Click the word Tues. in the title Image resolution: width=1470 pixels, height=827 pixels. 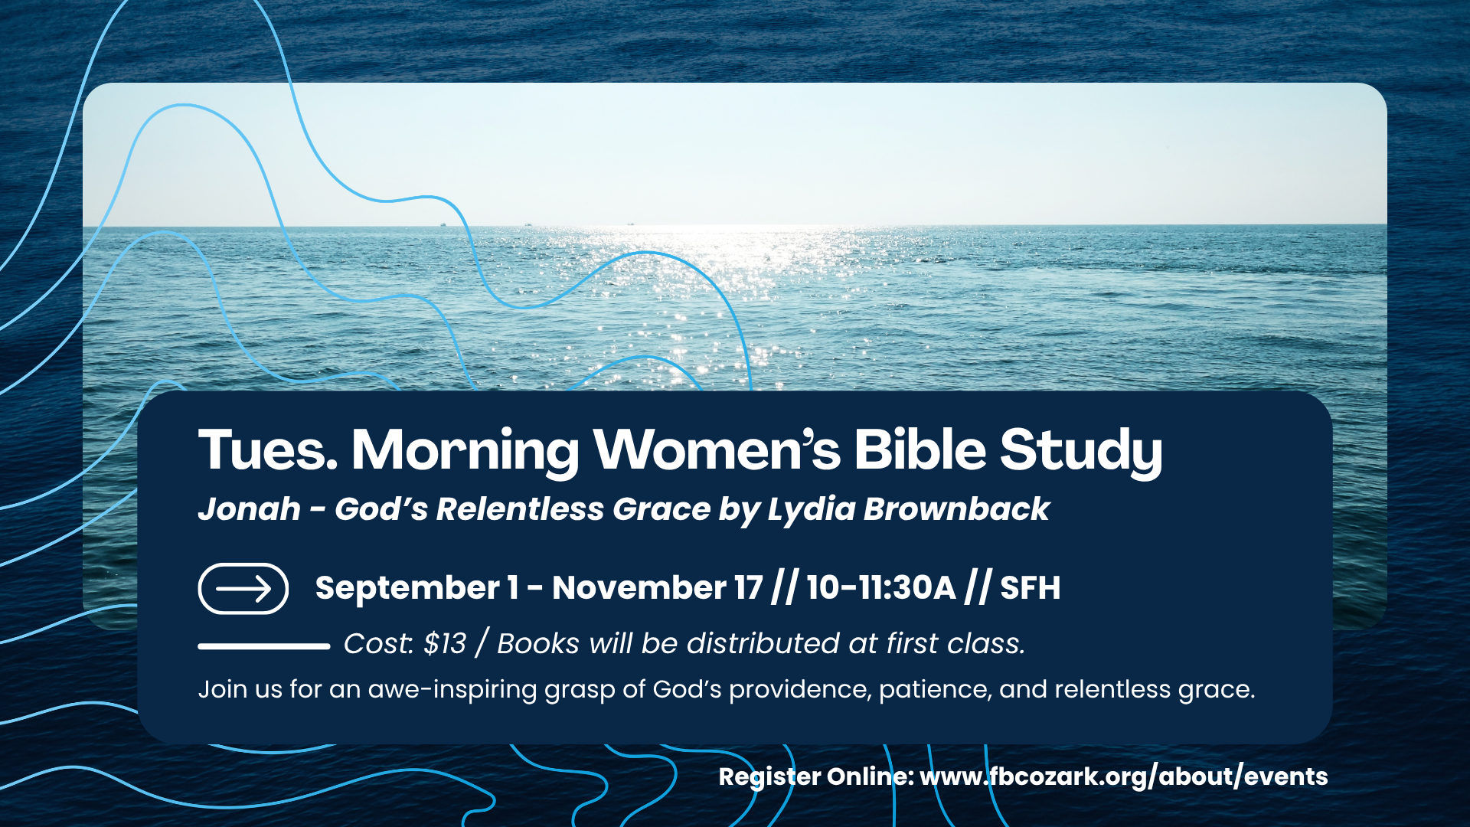pyautogui.click(x=268, y=449)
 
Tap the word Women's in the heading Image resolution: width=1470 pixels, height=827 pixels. pyautogui.click(x=717, y=449)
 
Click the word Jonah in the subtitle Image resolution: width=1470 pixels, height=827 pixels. pyautogui.click(x=250, y=509)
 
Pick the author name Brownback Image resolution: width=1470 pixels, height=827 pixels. pyautogui.click(x=956, y=509)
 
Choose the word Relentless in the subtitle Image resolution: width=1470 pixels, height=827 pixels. pyautogui.click(x=520, y=509)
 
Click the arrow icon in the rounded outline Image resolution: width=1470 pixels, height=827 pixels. pyautogui.click(x=243, y=589)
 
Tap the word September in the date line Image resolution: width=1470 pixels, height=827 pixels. pyautogui.click(x=407, y=589)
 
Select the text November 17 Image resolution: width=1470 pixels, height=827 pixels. pyautogui.click(x=658, y=588)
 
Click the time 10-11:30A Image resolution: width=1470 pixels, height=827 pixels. pyautogui.click(x=881, y=588)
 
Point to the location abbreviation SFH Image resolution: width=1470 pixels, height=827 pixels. pyautogui.click(x=1031, y=588)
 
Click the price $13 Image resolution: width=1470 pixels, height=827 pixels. pyautogui.click(x=445, y=644)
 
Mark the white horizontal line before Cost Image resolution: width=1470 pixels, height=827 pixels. pyautogui.click(x=264, y=646)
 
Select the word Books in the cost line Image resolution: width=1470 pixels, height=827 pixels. pyautogui.click(x=538, y=644)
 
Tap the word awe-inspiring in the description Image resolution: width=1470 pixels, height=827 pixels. pyautogui.click(x=452, y=690)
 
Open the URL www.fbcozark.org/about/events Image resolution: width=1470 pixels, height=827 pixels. pyautogui.click(x=1124, y=777)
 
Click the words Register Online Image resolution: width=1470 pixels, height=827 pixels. pyautogui.click(x=816, y=777)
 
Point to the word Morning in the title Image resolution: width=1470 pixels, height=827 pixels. pyautogui.click(x=465, y=453)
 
